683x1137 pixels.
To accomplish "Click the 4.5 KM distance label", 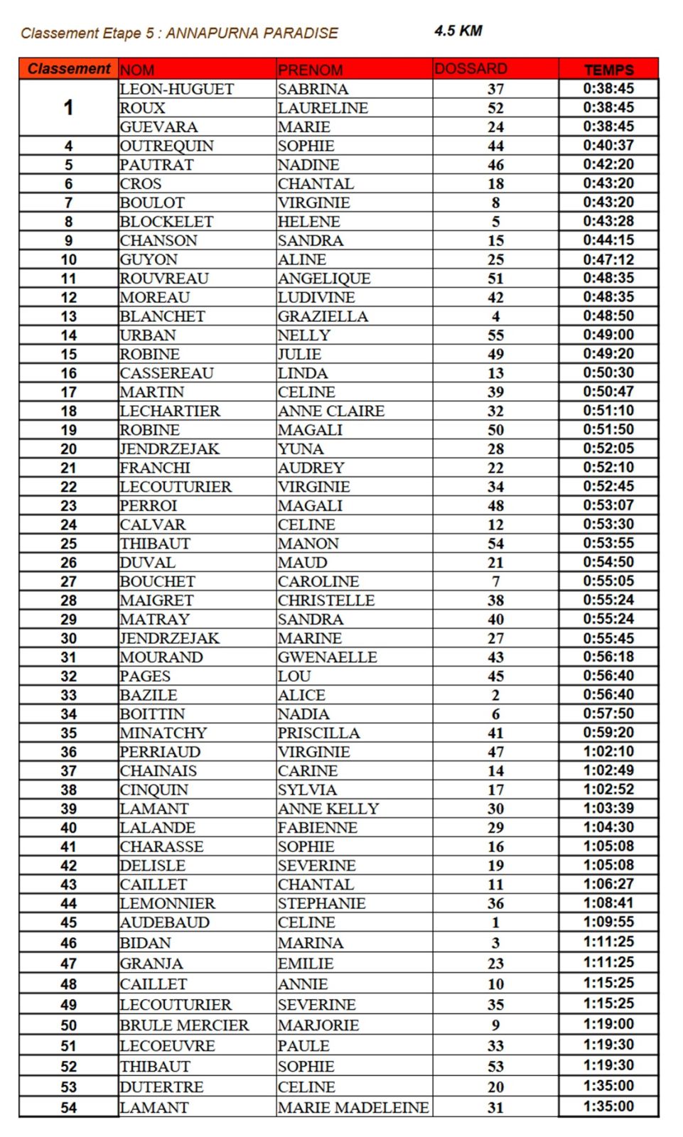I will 458,31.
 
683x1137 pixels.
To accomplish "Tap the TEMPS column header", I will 608,70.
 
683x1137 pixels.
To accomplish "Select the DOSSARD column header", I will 470,69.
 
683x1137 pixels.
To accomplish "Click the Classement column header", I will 69,69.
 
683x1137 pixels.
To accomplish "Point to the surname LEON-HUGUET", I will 176,89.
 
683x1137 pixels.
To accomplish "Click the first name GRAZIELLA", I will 323,316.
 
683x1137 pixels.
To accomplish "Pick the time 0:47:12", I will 608,259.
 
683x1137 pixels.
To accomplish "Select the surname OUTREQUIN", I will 166,146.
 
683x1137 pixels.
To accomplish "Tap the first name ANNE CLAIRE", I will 331,411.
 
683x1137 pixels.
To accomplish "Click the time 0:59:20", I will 608,733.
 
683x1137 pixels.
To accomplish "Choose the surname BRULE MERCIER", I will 184,1025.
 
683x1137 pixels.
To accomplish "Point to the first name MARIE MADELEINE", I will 353,1108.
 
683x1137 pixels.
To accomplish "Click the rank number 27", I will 69,581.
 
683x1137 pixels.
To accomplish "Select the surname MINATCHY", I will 163,733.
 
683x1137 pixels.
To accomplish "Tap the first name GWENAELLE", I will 327,657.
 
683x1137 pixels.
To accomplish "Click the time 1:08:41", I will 608,903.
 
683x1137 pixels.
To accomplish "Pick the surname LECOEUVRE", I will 167,1046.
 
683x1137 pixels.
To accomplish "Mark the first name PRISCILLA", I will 318,733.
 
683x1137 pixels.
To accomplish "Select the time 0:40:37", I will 608,146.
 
